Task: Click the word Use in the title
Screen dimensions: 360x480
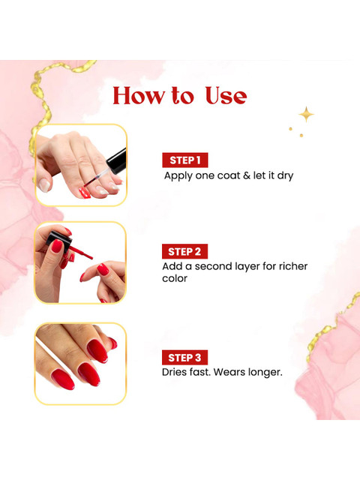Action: point(226,96)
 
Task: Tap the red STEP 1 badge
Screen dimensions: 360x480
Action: point(185,160)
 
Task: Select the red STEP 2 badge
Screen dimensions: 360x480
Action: point(184,252)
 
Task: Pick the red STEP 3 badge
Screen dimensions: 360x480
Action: point(184,358)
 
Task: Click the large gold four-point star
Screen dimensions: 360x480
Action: point(307,115)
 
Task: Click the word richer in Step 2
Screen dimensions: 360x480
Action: point(293,266)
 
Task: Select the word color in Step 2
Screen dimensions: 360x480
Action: point(175,278)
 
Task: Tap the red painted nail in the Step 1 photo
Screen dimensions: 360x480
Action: point(84,193)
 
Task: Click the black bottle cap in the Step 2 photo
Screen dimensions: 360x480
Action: point(58,238)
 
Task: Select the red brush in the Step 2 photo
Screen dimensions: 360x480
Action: point(81,252)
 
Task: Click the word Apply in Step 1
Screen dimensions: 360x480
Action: point(178,176)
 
